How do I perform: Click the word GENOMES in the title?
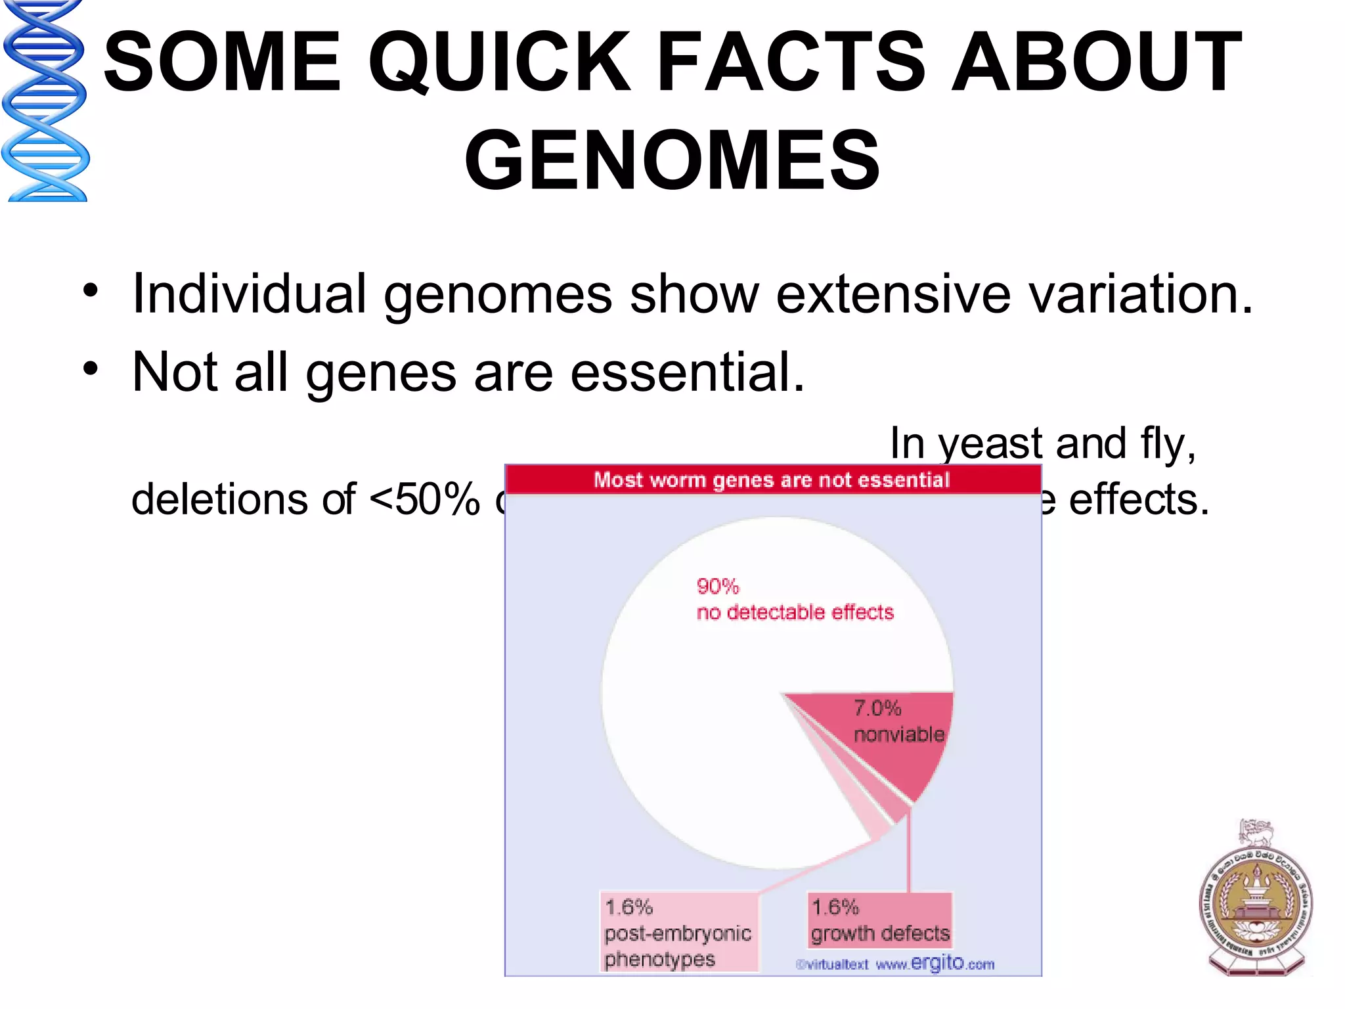point(672,160)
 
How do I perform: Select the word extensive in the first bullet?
point(893,294)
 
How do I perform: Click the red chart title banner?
point(772,480)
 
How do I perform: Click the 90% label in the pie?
point(717,586)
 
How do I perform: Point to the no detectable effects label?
point(795,612)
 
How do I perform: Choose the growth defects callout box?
point(880,920)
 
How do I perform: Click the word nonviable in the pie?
point(898,734)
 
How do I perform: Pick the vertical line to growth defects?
point(909,854)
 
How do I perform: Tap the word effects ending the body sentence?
point(1138,500)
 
